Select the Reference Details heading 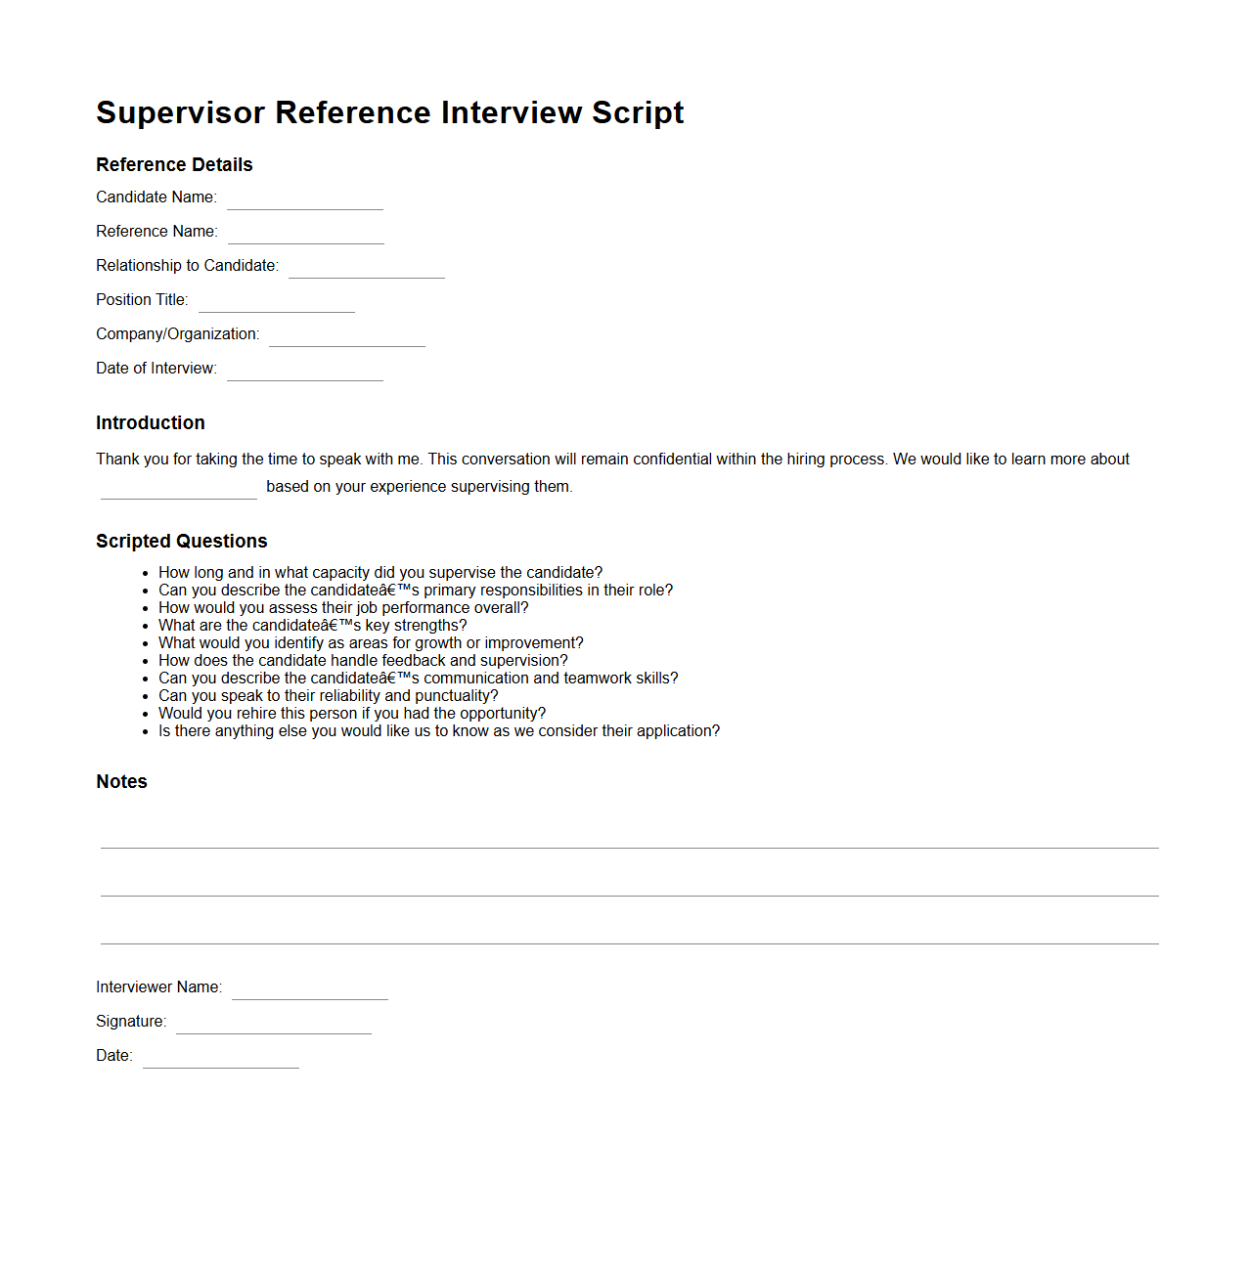point(174,164)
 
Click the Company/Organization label point(178,333)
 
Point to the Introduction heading point(151,422)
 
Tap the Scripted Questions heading point(182,541)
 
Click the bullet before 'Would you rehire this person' point(145,715)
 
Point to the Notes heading point(121,781)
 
